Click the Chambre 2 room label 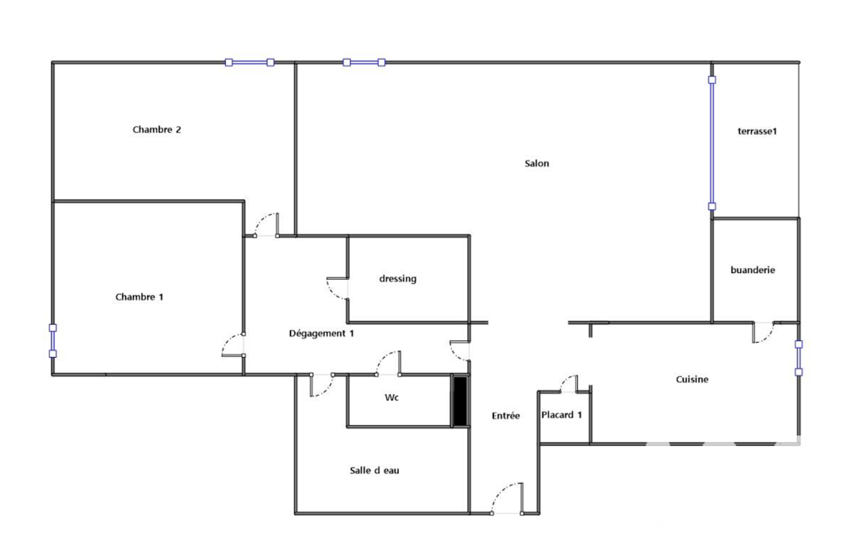[156, 129]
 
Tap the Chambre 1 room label [139, 297]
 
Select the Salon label [537, 163]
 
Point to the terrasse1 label [757, 131]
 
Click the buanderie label [753, 270]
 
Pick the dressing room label [397, 279]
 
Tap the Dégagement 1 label [321, 333]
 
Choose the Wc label [391, 397]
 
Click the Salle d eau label [375, 470]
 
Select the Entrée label [506, 416]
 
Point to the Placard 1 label [561, 415]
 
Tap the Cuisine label [692, 380]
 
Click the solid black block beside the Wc [459, 401]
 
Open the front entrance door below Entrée [507, 498]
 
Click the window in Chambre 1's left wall [53, 340]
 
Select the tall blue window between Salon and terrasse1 [711, 143]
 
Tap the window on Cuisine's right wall [799, 358]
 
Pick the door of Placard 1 [569, 384]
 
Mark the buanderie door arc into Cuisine [764, 333]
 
